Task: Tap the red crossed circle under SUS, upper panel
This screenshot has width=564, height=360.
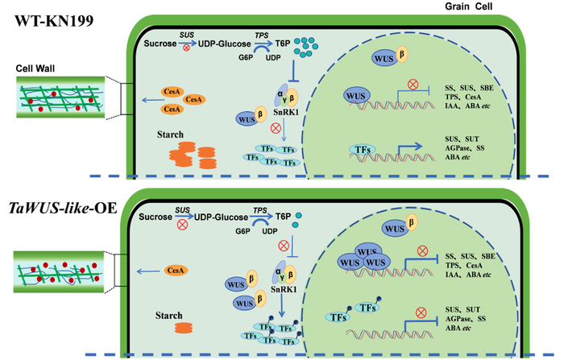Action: pyautogui.click(x=189, y=49)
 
